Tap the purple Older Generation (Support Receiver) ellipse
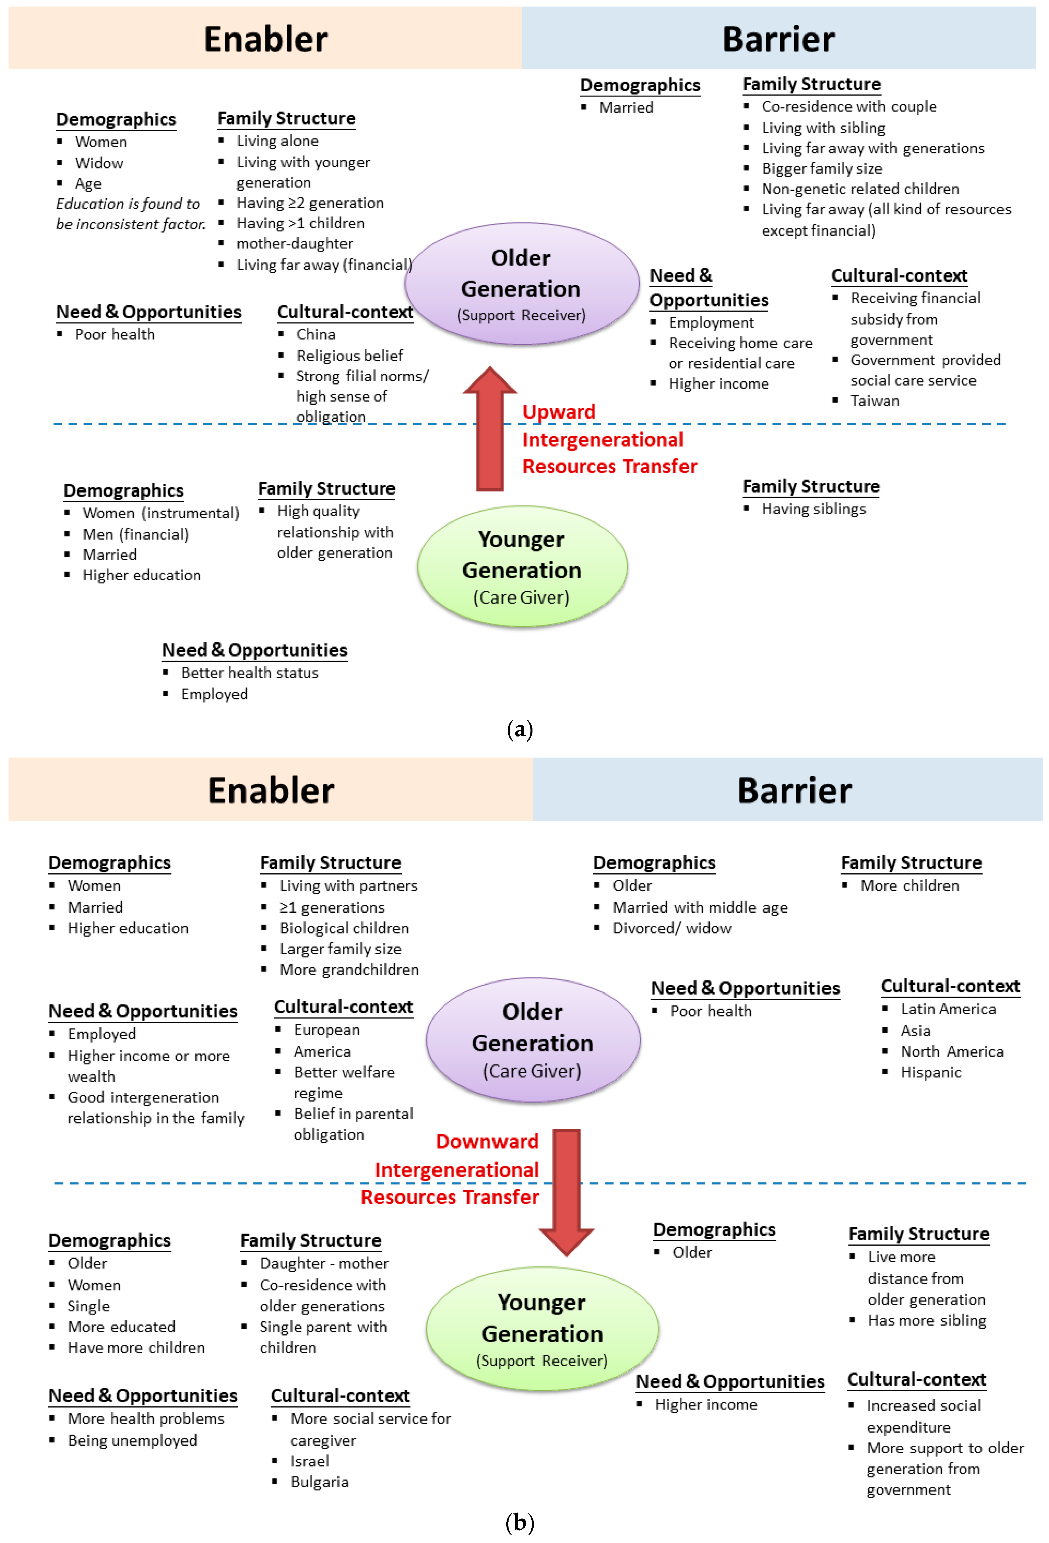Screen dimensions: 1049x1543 coord(522,283)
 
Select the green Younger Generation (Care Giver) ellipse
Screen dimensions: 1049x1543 coord(522,566)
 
